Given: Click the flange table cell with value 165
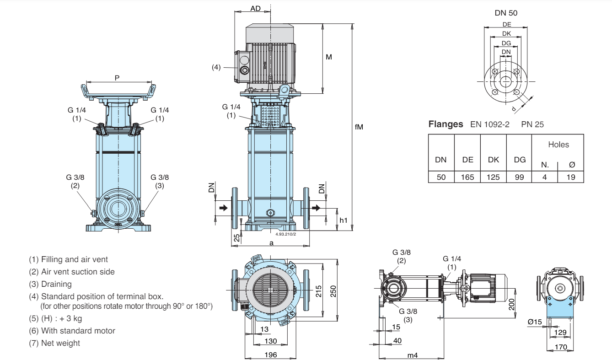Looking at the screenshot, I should pos(467,177).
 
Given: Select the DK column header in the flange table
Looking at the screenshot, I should pos(494,160).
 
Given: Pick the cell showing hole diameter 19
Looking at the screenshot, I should pos(571,177).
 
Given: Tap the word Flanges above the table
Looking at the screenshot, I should pos(446,124).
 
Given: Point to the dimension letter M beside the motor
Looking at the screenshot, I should pos(328,57).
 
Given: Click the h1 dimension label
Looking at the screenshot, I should pos(344,220).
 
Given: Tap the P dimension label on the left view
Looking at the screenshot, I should pos(117,78).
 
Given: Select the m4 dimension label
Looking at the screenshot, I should pos(413,355).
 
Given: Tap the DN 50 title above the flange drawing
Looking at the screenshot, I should pos(506,13).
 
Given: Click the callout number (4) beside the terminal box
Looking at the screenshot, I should pos(216,67).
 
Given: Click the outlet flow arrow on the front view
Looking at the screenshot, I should pos(316,208).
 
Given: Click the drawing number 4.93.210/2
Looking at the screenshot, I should pos(286,234).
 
